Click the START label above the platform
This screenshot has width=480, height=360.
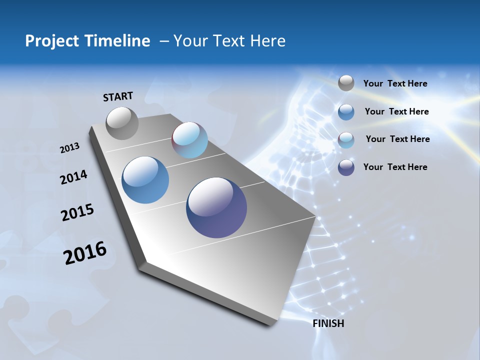pyautogui.click(x=118, y=96)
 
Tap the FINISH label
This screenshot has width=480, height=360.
pyautogui.click(x=328, y=323)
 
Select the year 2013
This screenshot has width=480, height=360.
pyautogui.click(x=69, y=148)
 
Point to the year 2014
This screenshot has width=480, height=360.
pyautogui.click(x=73, y=177)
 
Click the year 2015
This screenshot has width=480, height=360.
pyautogui.click(x=77, y=212)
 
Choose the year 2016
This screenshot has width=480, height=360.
pyautogui.click(x=85, y=253)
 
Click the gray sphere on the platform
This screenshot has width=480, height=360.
pyautogui.click(x=122, y=123)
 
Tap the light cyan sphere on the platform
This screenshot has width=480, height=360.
pyautogui.click(x=189, y=140)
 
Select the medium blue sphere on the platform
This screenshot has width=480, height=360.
pyautogui.click(x=145, y=180)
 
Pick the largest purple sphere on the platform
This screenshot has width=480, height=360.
pyautogui.click(x=216, y=207)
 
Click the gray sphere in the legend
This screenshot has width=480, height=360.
pyautogui.click(x=346, y=83)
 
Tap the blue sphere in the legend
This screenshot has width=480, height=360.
pyautogui.click(x=346, y=112)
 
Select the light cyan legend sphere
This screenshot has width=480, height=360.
pyautogui.click(x=346, y=140)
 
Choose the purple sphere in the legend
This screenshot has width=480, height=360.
pyautogui.click(x=346, y=167)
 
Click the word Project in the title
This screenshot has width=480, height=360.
pyautogui.click(x=52, y=41)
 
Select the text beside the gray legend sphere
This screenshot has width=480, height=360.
pyautogui.click(x=395, y=84)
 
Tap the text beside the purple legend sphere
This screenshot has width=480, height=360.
pyautogui.click(x=395, y=167)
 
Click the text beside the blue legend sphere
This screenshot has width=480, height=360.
pyautogui.click(x=396, y=111)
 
